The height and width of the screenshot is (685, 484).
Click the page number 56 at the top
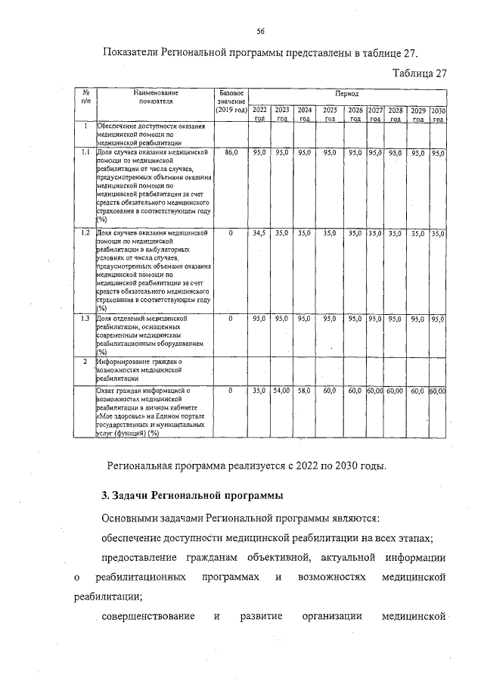pos(260,31)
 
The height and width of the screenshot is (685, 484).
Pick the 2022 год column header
pos(259,114)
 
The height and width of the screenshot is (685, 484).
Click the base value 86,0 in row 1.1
pos(231,153)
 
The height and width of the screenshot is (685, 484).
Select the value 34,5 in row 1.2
pos(259,234)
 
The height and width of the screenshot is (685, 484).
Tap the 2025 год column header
pos(330,114)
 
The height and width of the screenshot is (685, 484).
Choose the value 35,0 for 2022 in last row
pos(259,391)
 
